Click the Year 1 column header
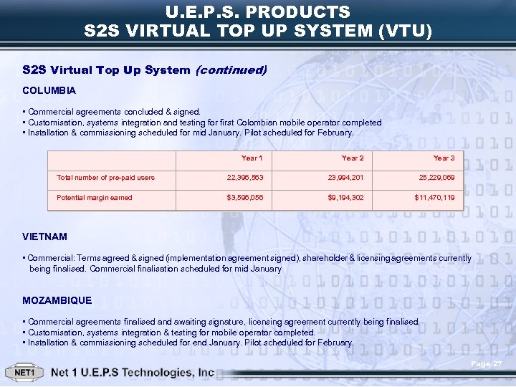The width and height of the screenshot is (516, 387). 252,158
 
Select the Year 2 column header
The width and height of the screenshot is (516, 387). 353,158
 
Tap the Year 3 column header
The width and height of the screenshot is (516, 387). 444,158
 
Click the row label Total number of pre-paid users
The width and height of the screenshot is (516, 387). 105,177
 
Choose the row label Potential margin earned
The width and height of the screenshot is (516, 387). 95,197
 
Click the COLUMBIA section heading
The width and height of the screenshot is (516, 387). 49,91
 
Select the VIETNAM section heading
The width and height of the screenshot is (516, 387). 45,236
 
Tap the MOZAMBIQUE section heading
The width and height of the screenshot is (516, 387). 57,300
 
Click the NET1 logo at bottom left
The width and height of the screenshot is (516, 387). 25,373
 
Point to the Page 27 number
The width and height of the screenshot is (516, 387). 487,365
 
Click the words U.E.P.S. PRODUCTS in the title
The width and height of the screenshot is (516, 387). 257,12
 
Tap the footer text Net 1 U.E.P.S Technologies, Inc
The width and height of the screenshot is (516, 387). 133,373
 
